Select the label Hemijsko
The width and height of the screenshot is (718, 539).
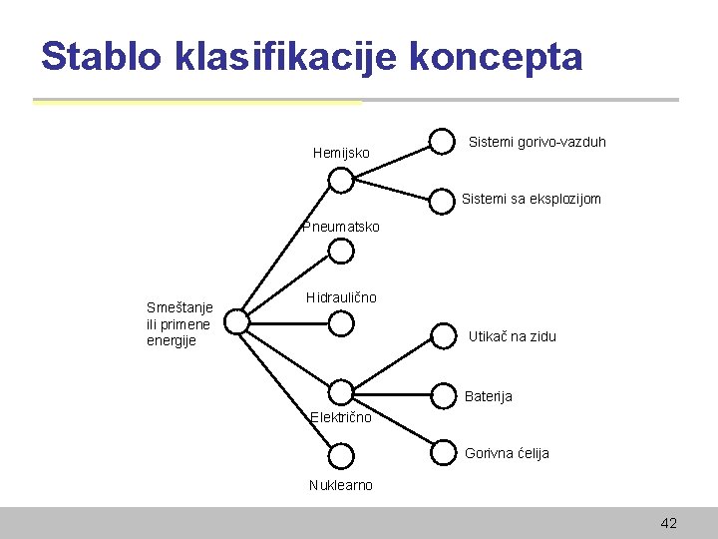coord(341,154)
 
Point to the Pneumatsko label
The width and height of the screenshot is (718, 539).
coord(341,227)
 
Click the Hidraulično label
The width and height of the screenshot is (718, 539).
coord(341,297)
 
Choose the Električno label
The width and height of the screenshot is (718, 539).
coord(341,417)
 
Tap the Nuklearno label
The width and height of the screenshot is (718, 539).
coord(341,485)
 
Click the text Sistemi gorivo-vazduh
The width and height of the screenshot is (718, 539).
coord(537,143)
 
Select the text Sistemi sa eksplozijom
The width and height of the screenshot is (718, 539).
coord(531,199)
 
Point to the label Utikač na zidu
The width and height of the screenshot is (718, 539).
coord(513,336)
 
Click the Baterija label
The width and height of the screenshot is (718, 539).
coord(489,396)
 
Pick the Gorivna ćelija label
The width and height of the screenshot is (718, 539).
coord(507,453)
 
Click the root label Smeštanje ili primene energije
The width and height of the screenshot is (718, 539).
coord(179,324)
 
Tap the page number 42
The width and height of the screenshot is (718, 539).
coord(668,523)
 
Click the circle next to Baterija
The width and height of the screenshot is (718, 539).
coord(442,396)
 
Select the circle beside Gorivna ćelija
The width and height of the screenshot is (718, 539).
coord(442,453)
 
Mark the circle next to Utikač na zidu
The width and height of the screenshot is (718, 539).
coord(442,336)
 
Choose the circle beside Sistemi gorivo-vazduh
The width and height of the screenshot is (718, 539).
coord(442,142)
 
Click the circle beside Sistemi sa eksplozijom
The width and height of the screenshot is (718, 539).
coord(442,200)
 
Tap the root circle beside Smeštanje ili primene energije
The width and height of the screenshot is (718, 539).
coord(236,321)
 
